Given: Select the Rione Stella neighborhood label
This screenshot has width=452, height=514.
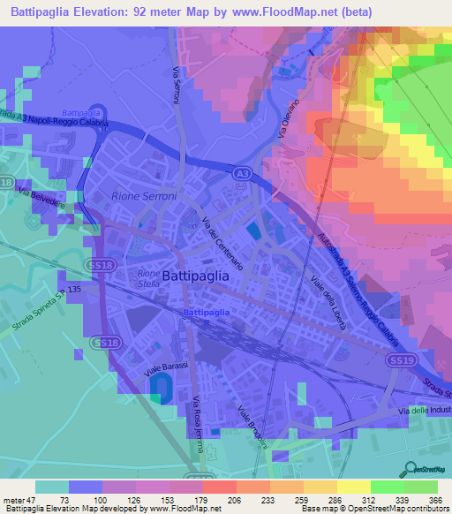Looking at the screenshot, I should tap(148, 279).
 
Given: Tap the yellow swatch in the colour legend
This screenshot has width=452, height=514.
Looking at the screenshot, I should tap(354, 487).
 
